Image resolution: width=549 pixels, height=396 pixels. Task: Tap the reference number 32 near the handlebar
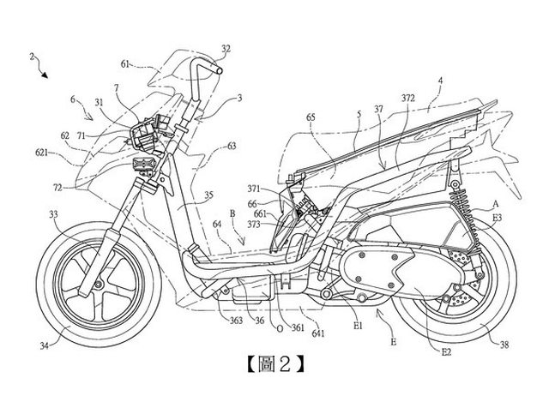[226, 50]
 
